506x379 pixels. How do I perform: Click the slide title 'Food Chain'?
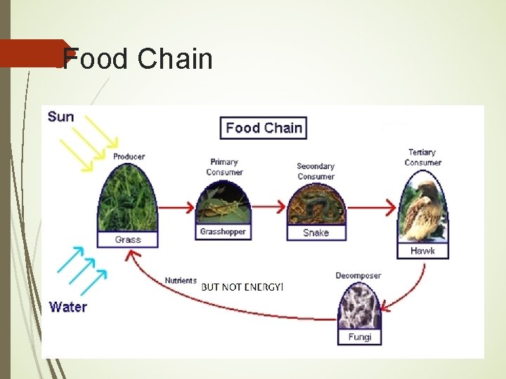(x=138, y=59)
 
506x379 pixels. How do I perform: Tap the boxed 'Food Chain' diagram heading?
(x=264, y=128)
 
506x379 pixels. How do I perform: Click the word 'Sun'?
(x=60, y=117)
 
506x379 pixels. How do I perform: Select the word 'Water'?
(x=68, y=307)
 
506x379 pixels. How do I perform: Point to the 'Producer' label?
(x=129, y=157)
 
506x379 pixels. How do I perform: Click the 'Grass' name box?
(x=128, y=239)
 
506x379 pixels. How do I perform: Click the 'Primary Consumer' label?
(x=224, y=167)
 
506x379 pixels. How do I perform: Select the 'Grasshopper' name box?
(x=222, y=232)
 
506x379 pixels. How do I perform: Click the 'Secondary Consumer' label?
(x=316, y=171)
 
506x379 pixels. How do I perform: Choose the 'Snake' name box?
(x=316, y=232)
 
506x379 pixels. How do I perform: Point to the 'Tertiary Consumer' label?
(x=422, y=157)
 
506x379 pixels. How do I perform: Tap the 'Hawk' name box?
(x=422, y=251)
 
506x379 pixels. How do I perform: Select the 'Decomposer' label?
(x=358, y=275)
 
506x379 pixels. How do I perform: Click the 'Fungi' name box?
(x=359, y=338)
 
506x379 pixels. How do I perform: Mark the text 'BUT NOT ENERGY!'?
(x=242, y=286)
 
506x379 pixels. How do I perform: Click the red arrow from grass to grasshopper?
(x=176, y=207)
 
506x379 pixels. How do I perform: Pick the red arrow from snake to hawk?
(x=372, y=207)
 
